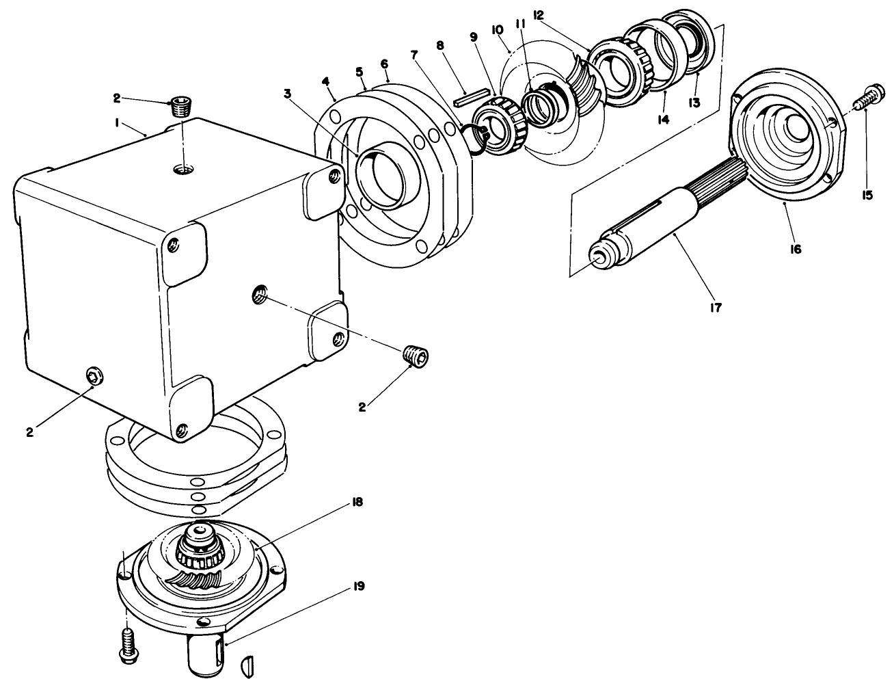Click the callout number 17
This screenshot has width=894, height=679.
point(716,308)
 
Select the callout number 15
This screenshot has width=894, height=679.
point(867,195)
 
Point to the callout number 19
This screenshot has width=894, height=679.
point(358,587)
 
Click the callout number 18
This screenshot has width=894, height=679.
point(356,502)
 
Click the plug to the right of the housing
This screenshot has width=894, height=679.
point(416,356)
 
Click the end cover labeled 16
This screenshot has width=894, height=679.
point(789,137)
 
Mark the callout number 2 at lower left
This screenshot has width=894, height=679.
point(29,431)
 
